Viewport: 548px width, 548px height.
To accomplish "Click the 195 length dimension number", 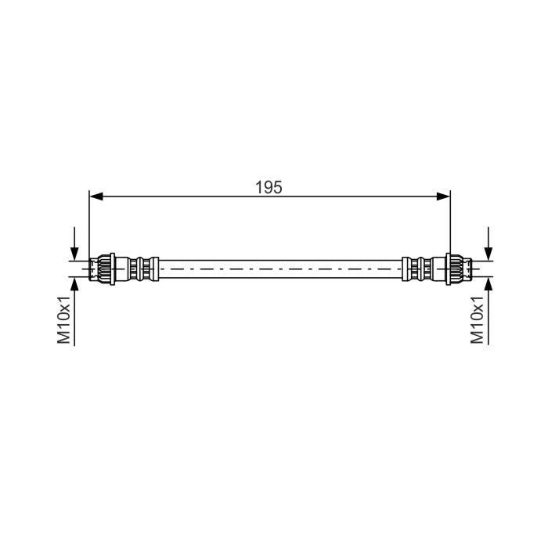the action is click(x=269, y=187).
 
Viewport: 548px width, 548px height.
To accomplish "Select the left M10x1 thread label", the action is click(x=64, y=319).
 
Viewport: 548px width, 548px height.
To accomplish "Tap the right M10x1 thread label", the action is click(x=477, y=319).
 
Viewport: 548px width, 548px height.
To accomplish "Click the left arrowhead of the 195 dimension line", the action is click(x=96, y=196).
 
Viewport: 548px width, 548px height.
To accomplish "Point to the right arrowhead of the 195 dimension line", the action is click(x=444, y=196).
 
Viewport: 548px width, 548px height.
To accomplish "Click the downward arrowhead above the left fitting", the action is click(x=74, y=254).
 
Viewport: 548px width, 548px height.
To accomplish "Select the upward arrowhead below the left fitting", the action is click(x=74, y=285).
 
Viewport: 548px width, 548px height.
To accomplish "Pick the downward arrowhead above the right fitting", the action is click(x=489, y=254).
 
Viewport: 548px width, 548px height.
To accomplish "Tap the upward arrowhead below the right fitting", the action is click(x=489, y=285).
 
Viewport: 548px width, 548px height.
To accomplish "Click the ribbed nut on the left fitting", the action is click(x=103, y=269).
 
